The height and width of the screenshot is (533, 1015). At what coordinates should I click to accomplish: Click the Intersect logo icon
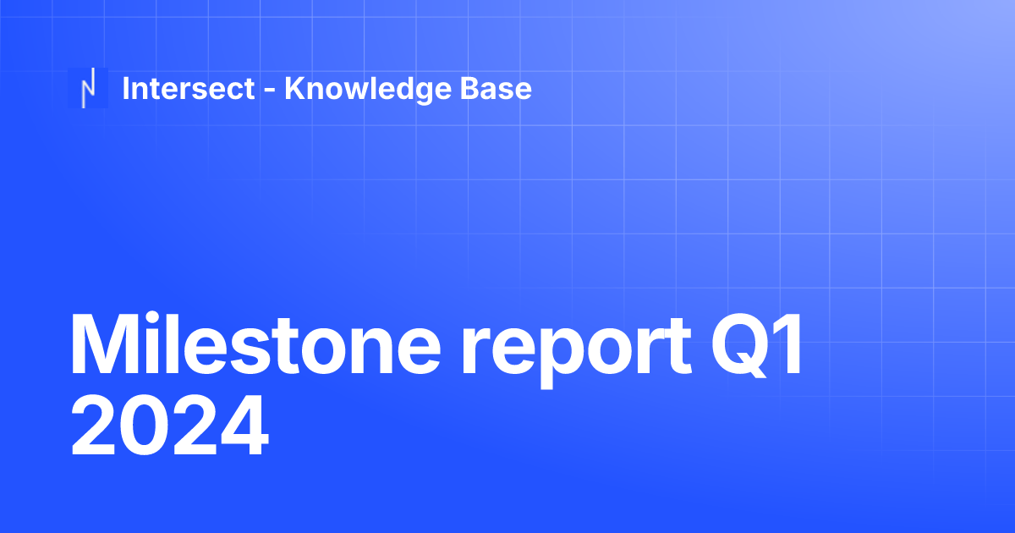coord(88,88)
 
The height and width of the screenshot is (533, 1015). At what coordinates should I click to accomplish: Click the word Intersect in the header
coord(189,88)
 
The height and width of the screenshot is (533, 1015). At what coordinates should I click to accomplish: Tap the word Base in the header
coord(499,88)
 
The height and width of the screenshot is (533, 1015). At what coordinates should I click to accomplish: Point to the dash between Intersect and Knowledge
coord(269,91)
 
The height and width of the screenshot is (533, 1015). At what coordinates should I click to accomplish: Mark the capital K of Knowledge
coord(295,88)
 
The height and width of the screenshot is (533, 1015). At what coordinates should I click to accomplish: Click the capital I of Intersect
coord(126,88)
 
